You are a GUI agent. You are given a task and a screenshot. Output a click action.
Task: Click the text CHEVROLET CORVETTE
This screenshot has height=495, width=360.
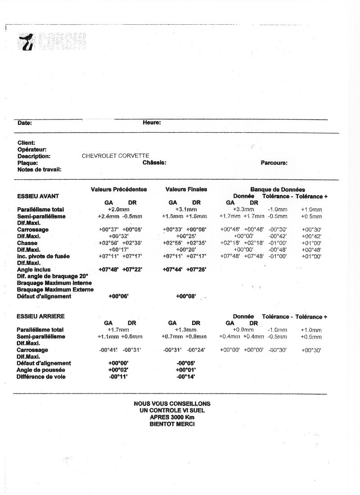pyautogui.click(x=115, y=156)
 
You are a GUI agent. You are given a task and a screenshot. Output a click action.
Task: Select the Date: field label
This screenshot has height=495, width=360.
pyautogui.click(x=25, y=123)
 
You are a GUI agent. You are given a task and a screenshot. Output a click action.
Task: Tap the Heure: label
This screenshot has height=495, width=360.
pyautogui.click(x=152, y=122)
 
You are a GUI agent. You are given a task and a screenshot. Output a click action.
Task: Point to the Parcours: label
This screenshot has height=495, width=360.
pyautogui.click(x=274, y=163)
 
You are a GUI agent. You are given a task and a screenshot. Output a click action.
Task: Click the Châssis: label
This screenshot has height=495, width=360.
pyautogui.click(x=154, y=162)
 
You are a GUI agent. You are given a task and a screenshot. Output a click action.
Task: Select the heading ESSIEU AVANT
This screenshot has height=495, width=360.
pyautogui.click(x=38, y=196)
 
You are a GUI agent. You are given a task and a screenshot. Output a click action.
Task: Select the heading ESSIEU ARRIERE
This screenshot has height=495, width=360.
pyautogui.click(x=40, y=317)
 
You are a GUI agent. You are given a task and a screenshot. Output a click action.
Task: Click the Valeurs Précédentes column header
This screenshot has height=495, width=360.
pyautogui.click(x=119, y=189)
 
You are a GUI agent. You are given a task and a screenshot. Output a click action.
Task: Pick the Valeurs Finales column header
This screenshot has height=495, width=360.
pyautogui.click(x=186, y=189)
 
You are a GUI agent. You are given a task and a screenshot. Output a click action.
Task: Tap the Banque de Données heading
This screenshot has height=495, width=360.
pyautogui.click(x=278, y=190)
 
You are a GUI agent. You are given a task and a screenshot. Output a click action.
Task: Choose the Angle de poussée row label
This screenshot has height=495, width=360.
pyautogui.click(x=41, y=370)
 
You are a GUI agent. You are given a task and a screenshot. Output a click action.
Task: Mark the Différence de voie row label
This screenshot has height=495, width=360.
pyautogui.click(x=41, y=376)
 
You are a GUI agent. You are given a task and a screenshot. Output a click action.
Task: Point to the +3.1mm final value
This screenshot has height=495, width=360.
pyautogui.click(x=186, y=210)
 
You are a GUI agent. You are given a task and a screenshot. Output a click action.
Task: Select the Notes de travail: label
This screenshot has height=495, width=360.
pyautogui.click(x=39, y=169)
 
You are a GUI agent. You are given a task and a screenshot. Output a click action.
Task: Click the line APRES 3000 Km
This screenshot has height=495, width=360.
pyautogui.click(x=172, y=417)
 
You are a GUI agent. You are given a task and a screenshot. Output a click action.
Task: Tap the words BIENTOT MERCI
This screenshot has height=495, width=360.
pyautogui.click(x=172, y=424)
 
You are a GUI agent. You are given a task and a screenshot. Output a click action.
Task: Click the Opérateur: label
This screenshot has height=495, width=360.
pyautogui.click(x=32, y=149)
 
